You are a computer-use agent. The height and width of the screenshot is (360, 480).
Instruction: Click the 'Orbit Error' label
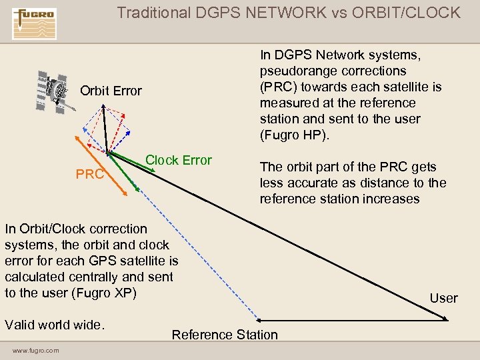(x=111, y=91)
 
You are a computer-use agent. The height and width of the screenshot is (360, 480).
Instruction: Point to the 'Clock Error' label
(x=178, y=160)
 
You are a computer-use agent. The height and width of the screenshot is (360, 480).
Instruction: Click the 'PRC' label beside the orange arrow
(x=89, y=175)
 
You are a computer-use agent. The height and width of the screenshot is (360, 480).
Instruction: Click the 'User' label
(x=443, y=298)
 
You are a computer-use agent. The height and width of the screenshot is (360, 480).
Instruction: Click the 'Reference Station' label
(x=225, y=335)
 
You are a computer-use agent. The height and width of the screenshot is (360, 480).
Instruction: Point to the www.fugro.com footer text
(x=35, y=351)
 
